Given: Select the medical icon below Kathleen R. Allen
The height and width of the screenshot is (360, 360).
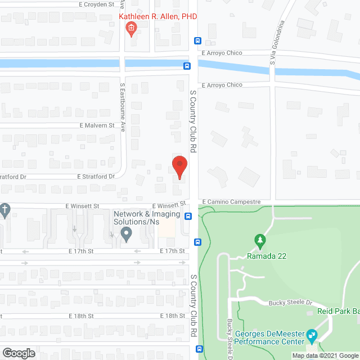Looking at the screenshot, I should point(131,29).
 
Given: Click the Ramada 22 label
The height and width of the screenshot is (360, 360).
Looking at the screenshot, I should point(267,256).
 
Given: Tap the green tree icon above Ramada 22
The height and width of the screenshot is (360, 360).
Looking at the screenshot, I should point(260,241).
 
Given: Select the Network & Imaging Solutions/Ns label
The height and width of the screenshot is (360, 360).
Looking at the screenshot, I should point(147,218).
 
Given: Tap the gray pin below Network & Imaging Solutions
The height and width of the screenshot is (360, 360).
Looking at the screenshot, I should point(127,233).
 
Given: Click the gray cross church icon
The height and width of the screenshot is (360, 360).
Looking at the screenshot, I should point(5,210).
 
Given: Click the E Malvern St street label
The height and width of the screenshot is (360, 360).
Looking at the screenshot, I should point(97,125).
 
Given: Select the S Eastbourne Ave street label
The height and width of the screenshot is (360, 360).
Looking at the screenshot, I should point(123,107).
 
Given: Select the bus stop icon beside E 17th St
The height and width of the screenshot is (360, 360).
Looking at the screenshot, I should point(197,242).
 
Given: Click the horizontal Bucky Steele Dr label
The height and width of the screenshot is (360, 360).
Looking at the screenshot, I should point(289,303).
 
